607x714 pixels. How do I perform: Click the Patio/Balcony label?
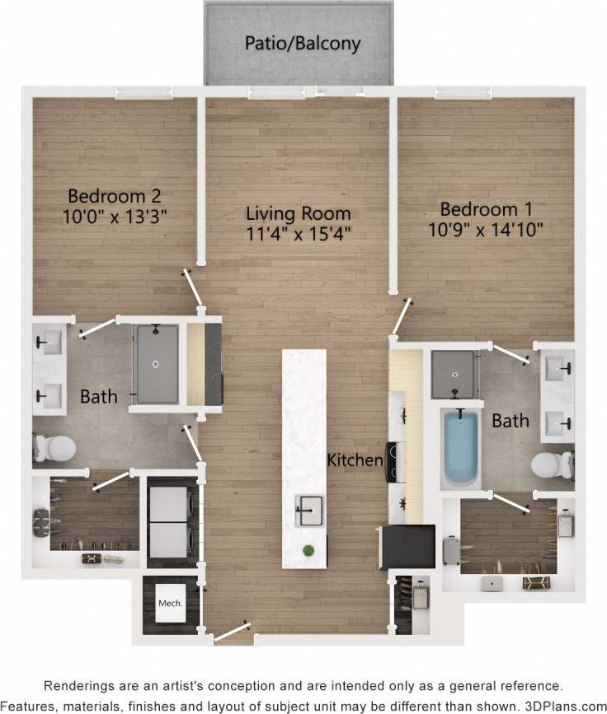tap(303, 43)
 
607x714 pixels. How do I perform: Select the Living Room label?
tap(299, 214)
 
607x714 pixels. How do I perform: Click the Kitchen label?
tap(355, 460)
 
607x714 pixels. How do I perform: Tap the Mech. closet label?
tap(169, 604)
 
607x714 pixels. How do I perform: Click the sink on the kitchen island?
tap(309, 511)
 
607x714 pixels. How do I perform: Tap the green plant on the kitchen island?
tap(308, 550)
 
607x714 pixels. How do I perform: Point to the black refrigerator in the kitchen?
tap(406, 547)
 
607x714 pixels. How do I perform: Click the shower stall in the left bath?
tap(156, 365)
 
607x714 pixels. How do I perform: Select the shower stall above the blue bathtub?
tap(454, 375)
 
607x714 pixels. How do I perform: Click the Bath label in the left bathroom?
tap(99, 397)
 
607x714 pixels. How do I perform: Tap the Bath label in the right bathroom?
tap(510, 421)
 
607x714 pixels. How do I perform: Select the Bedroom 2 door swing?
tap(194, 288)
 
